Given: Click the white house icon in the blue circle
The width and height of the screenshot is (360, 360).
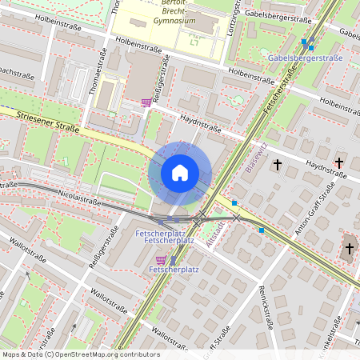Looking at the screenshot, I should coord(180,172).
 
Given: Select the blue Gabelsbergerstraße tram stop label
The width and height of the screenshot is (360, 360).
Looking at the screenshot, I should coord(304,58).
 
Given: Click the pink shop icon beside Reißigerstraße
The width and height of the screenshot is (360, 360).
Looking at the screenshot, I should coord(146,102).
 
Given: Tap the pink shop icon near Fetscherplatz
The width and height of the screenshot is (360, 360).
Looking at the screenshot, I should coord(162,259).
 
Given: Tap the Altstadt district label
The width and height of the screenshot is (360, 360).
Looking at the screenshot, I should coord(210,233).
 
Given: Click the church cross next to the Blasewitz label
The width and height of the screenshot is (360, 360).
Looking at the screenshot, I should coord(278,166).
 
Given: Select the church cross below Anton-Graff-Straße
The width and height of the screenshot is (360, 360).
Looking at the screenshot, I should coord(349,249).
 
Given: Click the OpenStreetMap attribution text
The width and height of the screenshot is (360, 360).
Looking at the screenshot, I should coord(80,354).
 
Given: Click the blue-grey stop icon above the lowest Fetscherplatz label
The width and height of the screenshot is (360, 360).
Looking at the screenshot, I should coord(174,260).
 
